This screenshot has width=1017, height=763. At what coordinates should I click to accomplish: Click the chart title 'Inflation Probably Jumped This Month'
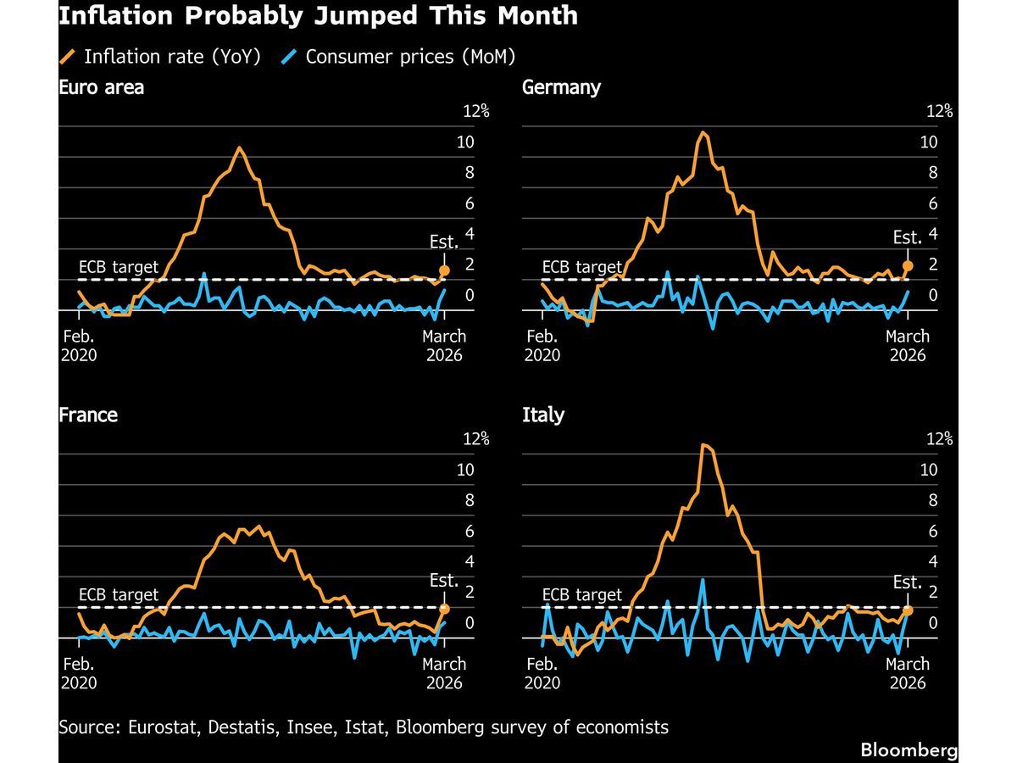[x=319, y=15]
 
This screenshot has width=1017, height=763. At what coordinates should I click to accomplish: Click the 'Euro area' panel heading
[x=101, y=87]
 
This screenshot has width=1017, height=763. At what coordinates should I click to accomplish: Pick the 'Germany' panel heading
[x=562, y=87]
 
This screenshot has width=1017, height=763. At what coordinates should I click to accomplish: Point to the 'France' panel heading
[x=88, y=415]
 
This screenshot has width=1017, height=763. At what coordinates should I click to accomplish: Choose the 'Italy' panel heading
[x=543, y=415]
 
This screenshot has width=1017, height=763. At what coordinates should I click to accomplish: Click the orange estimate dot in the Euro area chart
[x=444, y=271]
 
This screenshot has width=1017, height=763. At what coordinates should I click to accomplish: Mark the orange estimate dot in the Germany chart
[x=908, y=266]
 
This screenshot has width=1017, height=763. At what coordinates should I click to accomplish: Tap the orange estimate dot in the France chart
[x=444, y=609]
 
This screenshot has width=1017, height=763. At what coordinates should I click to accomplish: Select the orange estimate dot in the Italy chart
[x=908, y=610]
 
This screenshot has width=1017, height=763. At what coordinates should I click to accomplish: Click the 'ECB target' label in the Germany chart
[x=581, y=267]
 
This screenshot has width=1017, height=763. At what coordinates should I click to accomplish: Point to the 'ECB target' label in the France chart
[x=118, y=595]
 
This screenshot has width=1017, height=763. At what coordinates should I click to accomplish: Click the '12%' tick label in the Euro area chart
[x=475, y=111]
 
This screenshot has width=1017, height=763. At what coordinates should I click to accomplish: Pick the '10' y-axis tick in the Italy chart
[x=929, y=470]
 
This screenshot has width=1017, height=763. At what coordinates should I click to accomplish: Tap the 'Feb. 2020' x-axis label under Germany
[x=542, y=345]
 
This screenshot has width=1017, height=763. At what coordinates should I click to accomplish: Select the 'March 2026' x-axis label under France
[x=444, y=673]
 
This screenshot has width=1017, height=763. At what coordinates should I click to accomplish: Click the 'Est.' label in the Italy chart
[x=908, y=582]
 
